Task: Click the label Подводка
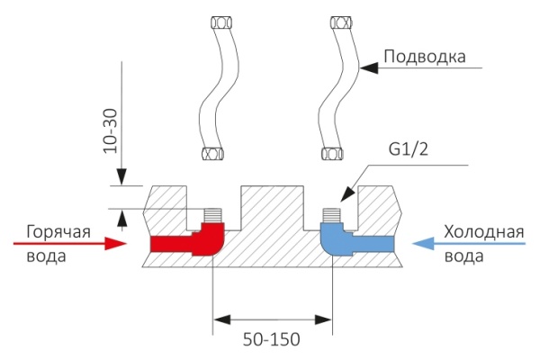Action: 424,56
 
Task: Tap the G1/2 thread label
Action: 409,150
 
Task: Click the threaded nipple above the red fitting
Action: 212,217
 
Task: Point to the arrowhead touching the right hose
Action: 364,67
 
